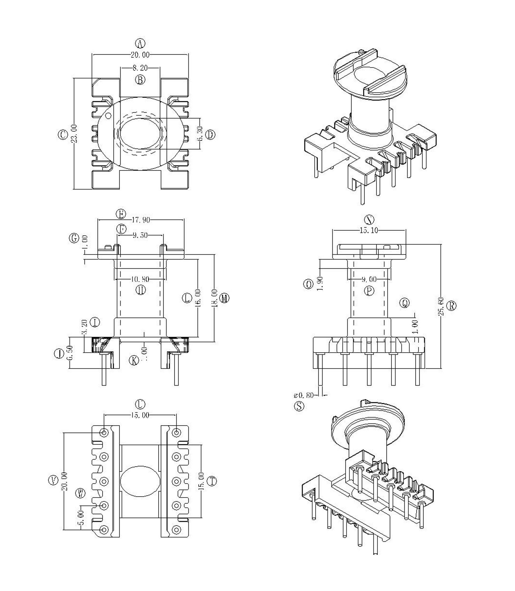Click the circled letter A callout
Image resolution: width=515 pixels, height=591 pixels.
[x=140, y=44]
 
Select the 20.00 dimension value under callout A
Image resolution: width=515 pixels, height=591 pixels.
[x=140, y=55]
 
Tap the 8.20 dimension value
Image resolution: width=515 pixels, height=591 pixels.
[x=140, y=68]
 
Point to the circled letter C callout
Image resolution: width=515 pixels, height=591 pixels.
[x=63, y=134]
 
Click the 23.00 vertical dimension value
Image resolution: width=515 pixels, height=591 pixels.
[x=74, y=134]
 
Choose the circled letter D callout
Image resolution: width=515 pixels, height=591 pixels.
[x=211, y=134]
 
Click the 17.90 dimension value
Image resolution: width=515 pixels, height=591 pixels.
[x=141, y=220]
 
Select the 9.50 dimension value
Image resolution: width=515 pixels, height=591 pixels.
[x=140, y=236]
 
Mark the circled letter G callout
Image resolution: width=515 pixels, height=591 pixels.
[x=74, y=238]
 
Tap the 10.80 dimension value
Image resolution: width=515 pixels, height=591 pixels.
[x=140, y=279]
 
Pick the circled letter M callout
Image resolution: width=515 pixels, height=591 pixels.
[x=225, y=298]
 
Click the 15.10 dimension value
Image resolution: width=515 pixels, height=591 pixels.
[x=369, y=230]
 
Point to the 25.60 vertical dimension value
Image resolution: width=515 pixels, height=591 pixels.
[x=442, y=306]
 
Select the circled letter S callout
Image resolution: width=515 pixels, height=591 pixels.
[x=299, y=406]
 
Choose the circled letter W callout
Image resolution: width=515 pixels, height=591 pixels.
[x=80, y=494]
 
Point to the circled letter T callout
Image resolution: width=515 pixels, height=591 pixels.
[x=212, y=481]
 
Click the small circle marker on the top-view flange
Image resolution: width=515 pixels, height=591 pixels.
[x=108, y=116]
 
